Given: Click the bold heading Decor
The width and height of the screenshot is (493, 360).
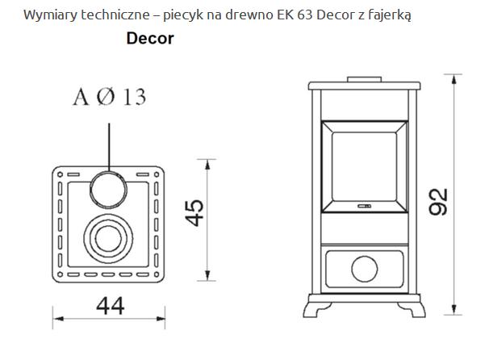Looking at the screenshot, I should point(150,39).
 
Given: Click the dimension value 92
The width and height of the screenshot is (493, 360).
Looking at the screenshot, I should point(439,201).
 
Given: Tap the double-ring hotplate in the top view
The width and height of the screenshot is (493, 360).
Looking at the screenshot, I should point(108,238).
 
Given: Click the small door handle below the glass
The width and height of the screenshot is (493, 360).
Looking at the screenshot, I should point(364,206).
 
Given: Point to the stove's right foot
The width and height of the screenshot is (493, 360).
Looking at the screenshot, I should point(414,310).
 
